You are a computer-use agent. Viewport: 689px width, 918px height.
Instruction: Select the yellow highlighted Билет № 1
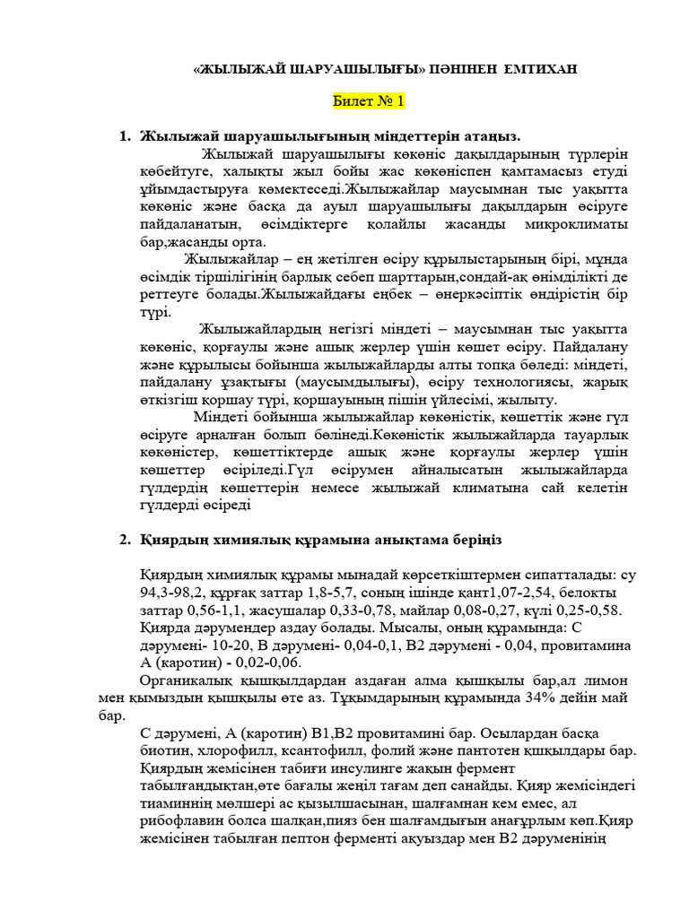tap(369, 101)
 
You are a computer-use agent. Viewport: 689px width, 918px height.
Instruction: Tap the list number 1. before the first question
tap(126, 136)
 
